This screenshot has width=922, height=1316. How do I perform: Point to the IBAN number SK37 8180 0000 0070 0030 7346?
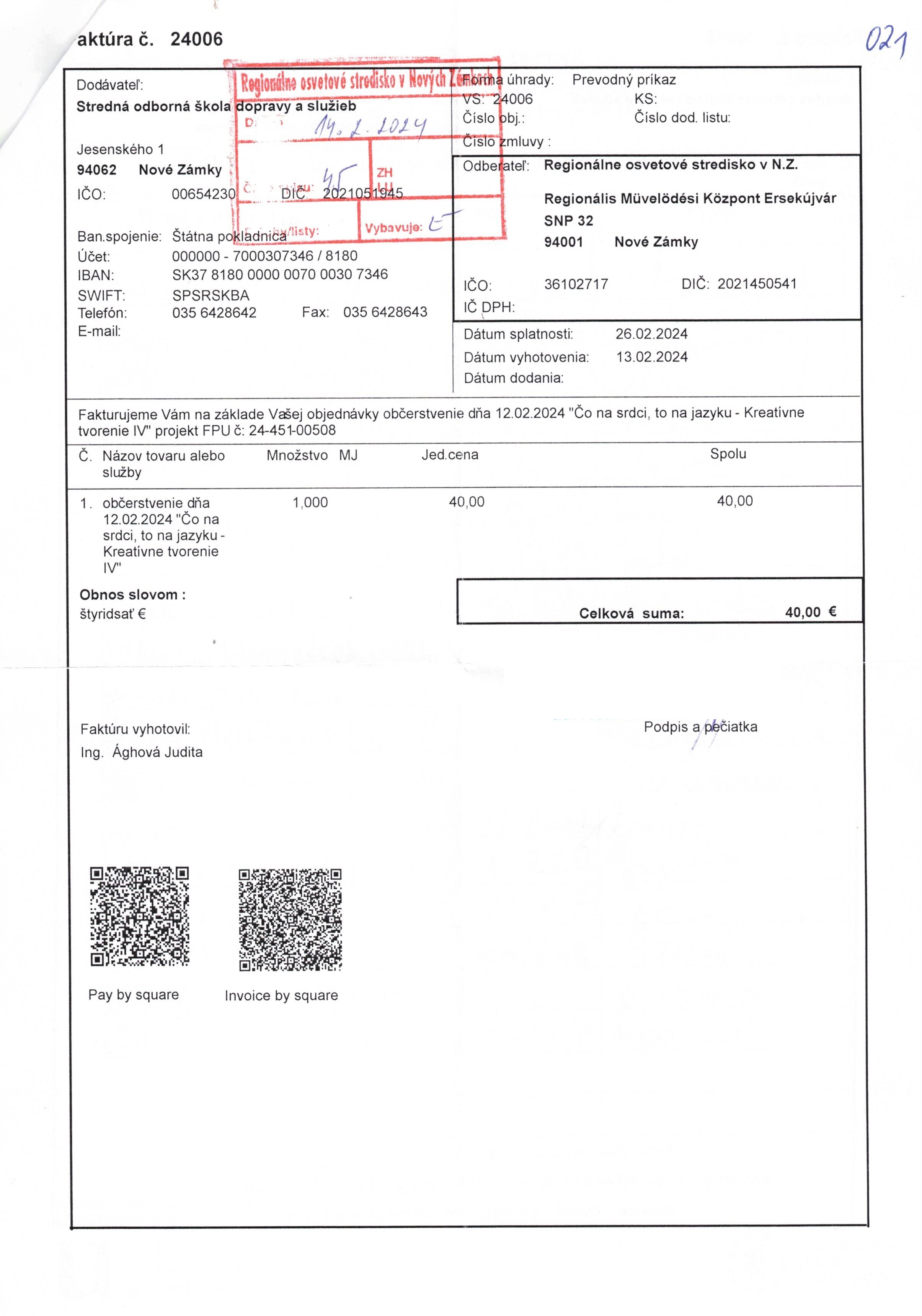(x=280, y=275)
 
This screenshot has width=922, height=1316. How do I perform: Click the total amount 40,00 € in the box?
(x=810, y=612)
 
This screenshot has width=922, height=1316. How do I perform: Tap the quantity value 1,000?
(x=310, y=503)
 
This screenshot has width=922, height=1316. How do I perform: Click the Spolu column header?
(x=728, y=454)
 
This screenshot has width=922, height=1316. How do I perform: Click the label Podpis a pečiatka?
(x=700, y=727)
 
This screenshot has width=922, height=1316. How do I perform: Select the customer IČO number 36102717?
(x=576, y=284)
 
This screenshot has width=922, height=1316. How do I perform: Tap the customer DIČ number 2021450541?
(x=756, y=284)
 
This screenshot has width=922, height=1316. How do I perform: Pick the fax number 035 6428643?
(x=385, y=312)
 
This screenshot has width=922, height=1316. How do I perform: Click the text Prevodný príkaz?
(x=623, y=80)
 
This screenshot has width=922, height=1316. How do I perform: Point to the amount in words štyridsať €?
(x=113, y=614)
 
